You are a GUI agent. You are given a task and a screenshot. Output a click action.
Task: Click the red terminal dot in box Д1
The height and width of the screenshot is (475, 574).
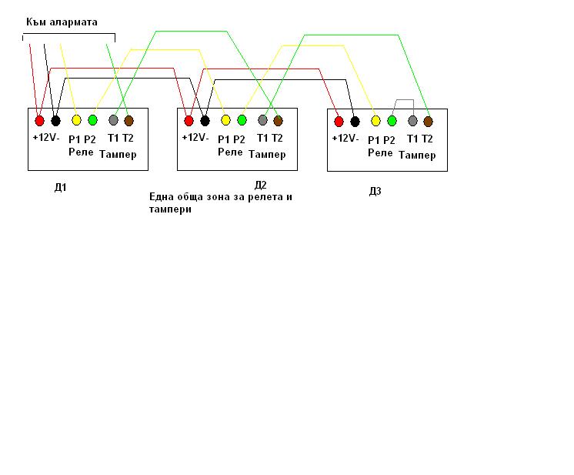tap(39, 120)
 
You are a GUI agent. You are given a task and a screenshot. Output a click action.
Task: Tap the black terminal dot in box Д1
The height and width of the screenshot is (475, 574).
tap(55, 120)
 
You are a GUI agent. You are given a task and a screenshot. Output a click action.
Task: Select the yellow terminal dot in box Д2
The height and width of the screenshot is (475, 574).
tap(225, 120)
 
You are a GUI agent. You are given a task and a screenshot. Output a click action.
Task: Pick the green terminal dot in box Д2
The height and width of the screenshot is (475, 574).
tap(242, 120)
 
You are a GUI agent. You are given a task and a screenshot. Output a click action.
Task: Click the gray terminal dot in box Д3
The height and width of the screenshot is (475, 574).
tap(412, 121)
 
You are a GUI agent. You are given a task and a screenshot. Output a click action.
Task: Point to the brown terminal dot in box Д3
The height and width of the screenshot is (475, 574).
tap(429, 121)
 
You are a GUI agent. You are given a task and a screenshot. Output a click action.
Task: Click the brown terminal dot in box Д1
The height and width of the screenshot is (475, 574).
tap(128, 120)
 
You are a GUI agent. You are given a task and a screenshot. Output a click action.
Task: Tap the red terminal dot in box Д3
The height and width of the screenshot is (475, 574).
tap(339, 121)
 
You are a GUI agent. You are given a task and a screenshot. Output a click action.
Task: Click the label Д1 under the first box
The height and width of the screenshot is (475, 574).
tap(60, 187)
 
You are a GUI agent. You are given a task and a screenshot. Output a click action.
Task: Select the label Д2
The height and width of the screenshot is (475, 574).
tap(260, 185)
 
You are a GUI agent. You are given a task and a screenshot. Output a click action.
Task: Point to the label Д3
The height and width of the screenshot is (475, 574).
tap(375, 191)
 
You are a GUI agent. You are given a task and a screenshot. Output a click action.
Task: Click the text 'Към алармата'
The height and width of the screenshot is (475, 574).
tap(62, 23)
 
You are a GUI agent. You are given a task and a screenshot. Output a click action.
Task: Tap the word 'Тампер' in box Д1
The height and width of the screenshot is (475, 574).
tap(118, 154)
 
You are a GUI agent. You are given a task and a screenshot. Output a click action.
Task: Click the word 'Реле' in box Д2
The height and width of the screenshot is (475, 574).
tap(230, 152)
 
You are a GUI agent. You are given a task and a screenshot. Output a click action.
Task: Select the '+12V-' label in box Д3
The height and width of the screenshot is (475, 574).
tap(345, 139)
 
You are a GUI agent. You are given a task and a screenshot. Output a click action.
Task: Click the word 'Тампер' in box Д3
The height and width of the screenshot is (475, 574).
tap(417, 155)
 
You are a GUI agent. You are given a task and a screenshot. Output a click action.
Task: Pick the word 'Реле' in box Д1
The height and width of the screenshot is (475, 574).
tap(80, 152)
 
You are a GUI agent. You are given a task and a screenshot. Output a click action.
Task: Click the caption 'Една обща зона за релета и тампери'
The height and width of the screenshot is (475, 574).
tap(221, 202)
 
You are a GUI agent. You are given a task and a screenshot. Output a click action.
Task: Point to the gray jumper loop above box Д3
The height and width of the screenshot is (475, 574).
tap(404, 101)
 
